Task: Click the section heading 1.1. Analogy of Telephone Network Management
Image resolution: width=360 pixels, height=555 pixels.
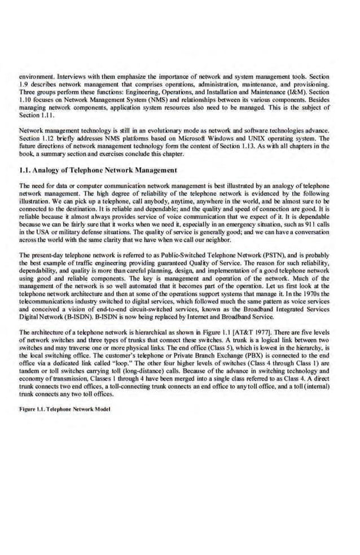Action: (x=98, y=169)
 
